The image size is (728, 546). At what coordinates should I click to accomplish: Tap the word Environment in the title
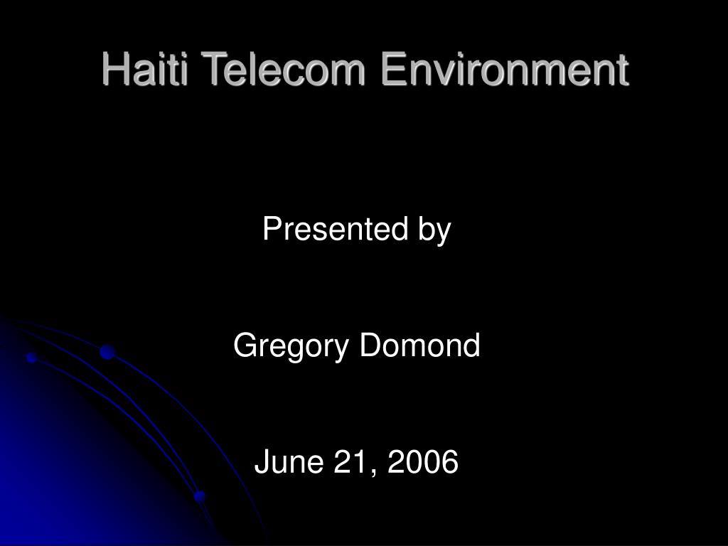pyautogui.click(x=505, y=69)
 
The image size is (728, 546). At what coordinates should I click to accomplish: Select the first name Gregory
pyautogui.click(x=291, y=346)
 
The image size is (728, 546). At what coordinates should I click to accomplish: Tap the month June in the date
pyautogui.click(x=289, y=461)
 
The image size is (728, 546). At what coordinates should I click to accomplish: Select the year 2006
pyautogui.click(x=423, y=461)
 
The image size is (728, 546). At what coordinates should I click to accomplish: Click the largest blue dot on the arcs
pyautogui.click(x=107, y=352)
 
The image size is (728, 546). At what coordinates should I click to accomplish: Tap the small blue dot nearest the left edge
pyautogui.click(x=31, y=358)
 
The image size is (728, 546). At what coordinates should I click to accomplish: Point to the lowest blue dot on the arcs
pyautogui.click(x=200, y=496)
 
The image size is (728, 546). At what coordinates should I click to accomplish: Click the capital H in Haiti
pyautogui.click(x=114, y=69)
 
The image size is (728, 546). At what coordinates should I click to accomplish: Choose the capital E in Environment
pyautogui.click(x=392, y=69)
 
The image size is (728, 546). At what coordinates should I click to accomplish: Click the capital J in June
pyautogui.click(x=262, y=461)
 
